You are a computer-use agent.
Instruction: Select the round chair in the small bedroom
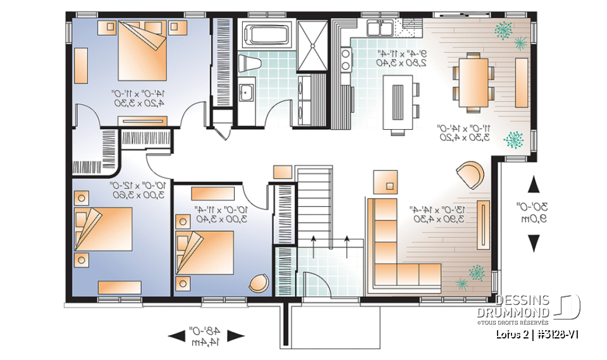[259, 284]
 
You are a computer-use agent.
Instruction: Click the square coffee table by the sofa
[386, 181]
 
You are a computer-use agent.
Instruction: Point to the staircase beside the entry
[314, 202]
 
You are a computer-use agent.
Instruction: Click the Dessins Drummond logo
[537, 307]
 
